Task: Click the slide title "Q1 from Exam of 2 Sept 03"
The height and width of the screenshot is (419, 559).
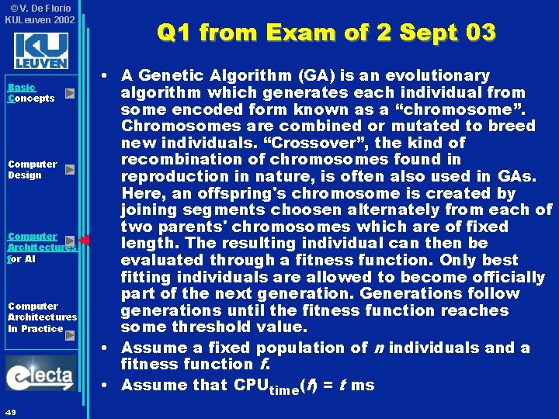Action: coord(325,33)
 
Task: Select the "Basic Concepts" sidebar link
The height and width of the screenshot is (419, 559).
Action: coord(31,93)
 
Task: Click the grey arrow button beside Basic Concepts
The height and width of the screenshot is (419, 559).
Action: coord(69,93)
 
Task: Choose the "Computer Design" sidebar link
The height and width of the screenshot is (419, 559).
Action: coord(32,169)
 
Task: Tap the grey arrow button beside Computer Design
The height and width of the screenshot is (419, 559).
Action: coord(69,169)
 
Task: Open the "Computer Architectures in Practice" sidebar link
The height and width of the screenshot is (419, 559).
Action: coord(41,317)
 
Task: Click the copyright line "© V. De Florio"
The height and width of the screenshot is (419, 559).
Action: coord(40,9)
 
